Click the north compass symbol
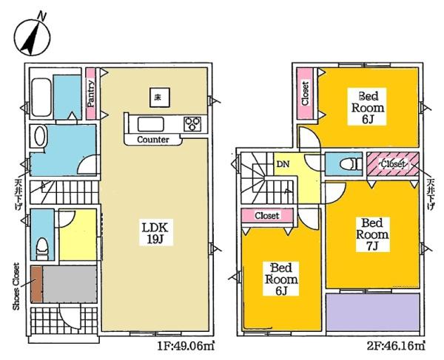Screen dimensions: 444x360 point(33,35)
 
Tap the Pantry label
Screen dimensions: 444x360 point(90,94)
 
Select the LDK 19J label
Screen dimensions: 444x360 point(155,232)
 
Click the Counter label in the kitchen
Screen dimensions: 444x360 point(153,140)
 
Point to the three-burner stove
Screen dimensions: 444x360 point(192,124)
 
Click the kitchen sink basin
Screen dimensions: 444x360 point(150,124)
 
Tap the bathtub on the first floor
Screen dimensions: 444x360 point(41,98)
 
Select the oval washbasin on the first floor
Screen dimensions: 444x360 point(40,136)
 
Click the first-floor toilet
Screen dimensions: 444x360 point(42,248)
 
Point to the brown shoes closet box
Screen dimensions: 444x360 point(36,284)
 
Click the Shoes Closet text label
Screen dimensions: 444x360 point(16,286)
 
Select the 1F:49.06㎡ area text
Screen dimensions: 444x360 point(186,345)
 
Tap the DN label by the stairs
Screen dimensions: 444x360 point(283,164)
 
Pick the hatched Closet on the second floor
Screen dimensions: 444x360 point(393,164)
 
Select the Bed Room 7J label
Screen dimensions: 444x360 point(372,234)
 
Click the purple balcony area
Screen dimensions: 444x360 point(373,312)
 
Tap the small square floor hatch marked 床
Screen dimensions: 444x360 point(160,98)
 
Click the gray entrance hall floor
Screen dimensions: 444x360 point(70,284)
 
